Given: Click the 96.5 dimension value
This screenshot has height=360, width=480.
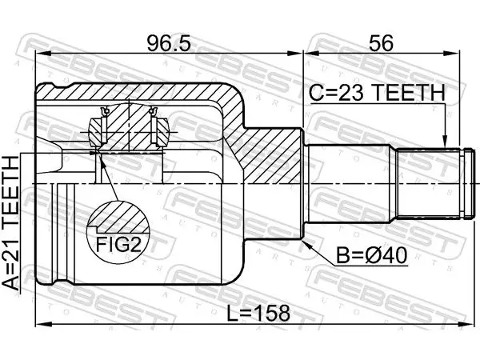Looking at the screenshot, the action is tap(169, 43).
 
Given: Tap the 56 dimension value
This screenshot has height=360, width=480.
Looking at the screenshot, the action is tap(381, 43).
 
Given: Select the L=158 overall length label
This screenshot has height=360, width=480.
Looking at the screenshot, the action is tap(258, 313).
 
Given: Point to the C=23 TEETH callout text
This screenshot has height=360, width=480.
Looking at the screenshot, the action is tap(377, 93).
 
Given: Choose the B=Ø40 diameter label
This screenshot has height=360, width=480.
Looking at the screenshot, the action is tap(372, 256).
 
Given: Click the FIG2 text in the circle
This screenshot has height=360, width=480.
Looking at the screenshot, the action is tap(119, 244).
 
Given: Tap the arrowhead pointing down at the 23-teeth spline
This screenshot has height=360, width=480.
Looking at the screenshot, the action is tap(446, 142).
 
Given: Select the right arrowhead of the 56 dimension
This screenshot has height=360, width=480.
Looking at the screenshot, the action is tap(453, 54).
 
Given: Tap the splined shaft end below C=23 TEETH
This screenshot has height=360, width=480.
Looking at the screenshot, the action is tap(429, 183).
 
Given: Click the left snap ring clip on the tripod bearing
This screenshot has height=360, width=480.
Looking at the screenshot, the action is tap(104, 125).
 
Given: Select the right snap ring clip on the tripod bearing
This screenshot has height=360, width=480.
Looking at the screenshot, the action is tap(154, 125).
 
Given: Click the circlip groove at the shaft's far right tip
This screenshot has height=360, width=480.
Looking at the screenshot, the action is tap(468, 183).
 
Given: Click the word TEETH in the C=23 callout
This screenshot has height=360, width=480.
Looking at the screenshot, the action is tap(410, 93).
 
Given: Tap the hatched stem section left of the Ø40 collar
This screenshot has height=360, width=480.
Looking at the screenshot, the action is tap(270, 156).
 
